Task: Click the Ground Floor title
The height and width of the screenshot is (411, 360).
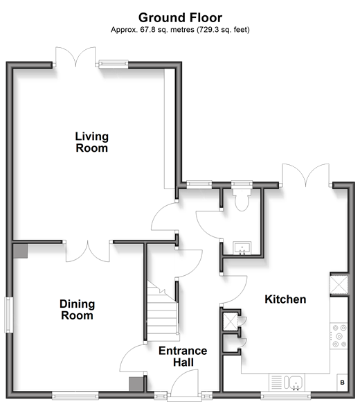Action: (x=180, y=18)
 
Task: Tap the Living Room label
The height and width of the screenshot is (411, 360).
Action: (x=91, y=142)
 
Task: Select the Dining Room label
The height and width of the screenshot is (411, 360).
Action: (x=78, y=310)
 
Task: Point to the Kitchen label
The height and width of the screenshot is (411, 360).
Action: (x=285, y=299)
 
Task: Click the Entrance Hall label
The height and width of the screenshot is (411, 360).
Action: (x=183, y=356)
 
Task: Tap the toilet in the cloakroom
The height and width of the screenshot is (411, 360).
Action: (x=242, y=200)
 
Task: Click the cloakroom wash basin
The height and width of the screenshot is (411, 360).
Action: (x=242, y=248)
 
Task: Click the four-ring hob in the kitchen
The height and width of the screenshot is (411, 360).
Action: (x=339, y=335)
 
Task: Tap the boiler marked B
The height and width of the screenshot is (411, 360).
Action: (x=342, y=383)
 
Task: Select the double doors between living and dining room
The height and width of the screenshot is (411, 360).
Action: (x=88, y=251)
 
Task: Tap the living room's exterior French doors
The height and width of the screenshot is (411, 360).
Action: (x=75, y=57)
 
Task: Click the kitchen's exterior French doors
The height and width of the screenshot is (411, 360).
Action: (x=305, y=175)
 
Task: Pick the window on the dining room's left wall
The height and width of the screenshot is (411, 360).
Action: (x=9, y=315)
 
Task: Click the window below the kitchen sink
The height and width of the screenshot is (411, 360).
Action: (x=286, y=395)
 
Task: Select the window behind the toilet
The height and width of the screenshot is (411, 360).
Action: (x=242, y=184)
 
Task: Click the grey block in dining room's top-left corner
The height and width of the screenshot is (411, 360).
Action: (x=20, y=251)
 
